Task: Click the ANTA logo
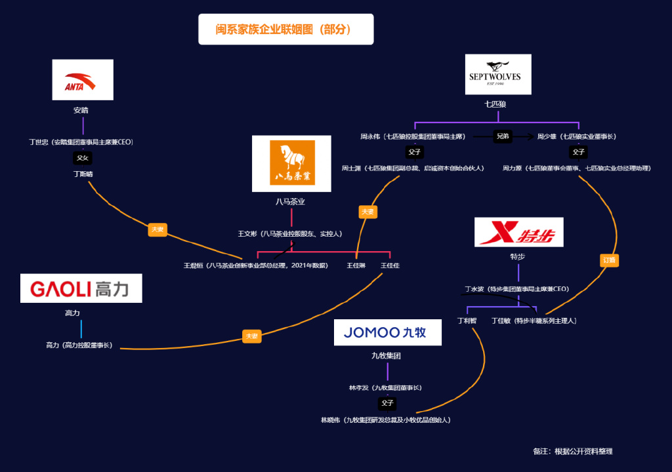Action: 83,80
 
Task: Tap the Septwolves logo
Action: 498,74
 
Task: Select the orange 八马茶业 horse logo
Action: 291,163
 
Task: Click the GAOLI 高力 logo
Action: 81,288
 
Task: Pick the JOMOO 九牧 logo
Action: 387,332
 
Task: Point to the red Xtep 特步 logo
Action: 518,232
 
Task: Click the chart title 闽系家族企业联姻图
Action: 285,29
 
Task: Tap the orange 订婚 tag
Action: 610,260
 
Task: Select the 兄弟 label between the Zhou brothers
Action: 503,136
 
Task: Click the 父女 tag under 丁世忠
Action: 82,158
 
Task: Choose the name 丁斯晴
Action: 83,174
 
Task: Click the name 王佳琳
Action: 356,265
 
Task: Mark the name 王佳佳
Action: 390,265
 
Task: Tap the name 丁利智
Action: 467,321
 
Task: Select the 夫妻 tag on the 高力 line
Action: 252,336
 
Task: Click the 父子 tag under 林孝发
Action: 387,403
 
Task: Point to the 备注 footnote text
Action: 573,451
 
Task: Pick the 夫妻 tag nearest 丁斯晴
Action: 157,229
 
